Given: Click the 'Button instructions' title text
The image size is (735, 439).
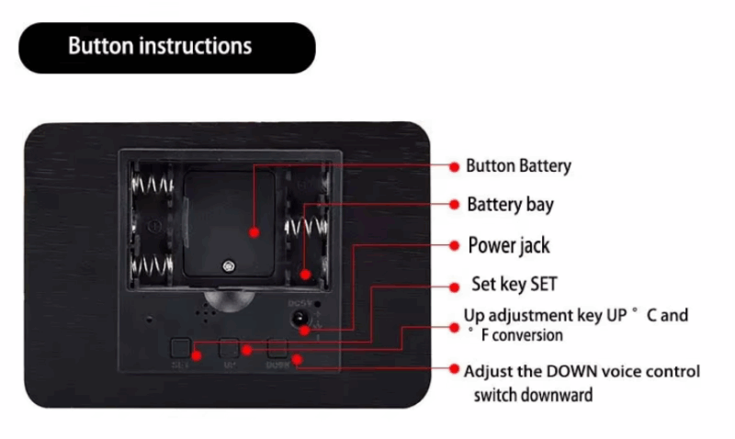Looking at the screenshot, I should (x=160, y=46).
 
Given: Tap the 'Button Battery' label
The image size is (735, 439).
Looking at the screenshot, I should (x=518, y=166).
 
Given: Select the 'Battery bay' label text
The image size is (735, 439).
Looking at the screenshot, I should (x=510, y=204).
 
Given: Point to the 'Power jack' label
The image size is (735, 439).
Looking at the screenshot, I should (x=509, y=245).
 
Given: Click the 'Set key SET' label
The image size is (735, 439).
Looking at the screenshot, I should (x=514, y=284).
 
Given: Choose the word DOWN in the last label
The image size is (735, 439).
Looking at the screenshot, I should (x=575, y=371).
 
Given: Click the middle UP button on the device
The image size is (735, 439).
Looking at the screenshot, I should (x=229, y=349).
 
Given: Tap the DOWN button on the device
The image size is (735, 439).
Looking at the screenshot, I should (x=277, y=349).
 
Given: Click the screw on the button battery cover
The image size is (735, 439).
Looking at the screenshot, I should (x=227, y=266).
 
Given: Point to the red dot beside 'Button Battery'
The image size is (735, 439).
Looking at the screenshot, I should (x=454, y=166).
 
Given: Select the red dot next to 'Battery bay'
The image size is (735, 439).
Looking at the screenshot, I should (x=454, y=204).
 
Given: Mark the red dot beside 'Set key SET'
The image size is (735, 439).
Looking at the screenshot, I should (x=454, y=285).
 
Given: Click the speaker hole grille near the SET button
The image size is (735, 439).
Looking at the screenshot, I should (x=207, y=311).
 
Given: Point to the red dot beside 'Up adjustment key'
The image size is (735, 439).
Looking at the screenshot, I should (x=454, y=325).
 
